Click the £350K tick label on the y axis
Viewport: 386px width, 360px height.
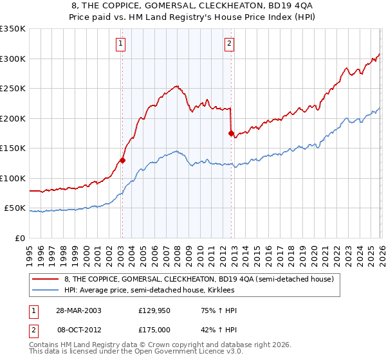point(13,29)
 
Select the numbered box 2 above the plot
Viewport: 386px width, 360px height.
point(229,44)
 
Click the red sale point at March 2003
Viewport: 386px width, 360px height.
point(122,161)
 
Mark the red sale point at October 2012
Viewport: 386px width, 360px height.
point(230,134)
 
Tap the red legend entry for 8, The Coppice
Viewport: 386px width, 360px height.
point(198,280)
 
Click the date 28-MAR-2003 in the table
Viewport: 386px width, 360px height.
point(77,310)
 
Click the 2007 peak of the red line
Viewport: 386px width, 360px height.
point(176,85)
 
